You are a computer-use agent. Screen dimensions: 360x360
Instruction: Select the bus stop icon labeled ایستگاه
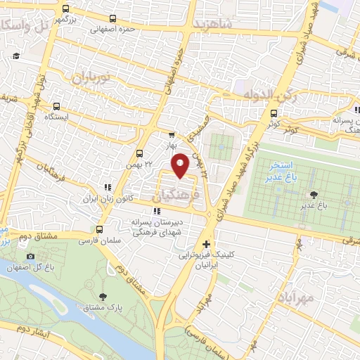(56, 107)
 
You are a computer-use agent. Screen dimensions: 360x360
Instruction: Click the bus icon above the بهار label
(171, 135)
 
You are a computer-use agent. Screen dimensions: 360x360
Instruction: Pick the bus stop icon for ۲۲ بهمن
(139, 152)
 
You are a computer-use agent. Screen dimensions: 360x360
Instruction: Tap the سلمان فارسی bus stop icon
(98, 229)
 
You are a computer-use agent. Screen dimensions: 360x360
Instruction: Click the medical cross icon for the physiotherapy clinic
(205, 243)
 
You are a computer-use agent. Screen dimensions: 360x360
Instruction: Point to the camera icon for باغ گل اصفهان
(30, 257)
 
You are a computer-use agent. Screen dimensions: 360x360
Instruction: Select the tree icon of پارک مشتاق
(103, 297)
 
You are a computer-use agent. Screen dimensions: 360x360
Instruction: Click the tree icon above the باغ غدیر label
(313, 195)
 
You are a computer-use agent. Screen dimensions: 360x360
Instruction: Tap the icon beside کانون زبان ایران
(107, 188)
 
